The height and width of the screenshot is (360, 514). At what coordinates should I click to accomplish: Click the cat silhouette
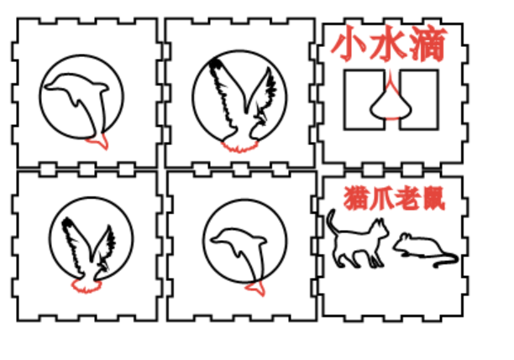coord(357,244)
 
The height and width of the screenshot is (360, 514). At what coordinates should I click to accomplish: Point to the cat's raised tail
coord(331,219)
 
